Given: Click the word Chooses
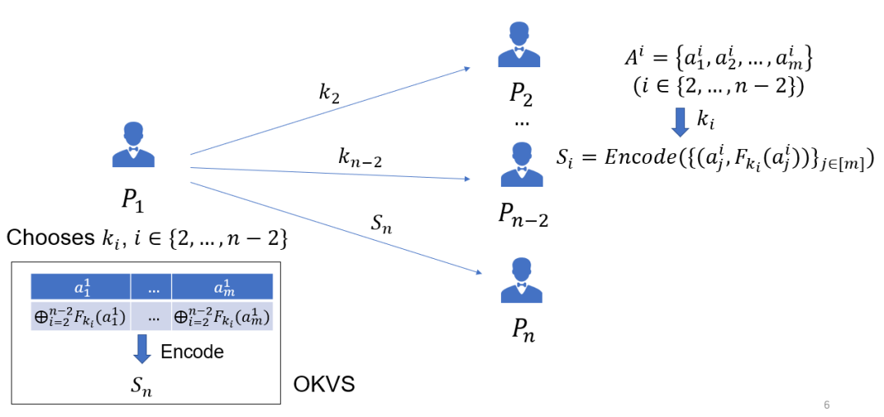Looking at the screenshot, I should (x=48, y=238).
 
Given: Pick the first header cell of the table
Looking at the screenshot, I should (x=80, y=287).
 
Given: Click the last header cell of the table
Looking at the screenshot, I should (x=222, y=287).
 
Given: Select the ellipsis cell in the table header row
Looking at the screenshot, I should (x=151, y=287).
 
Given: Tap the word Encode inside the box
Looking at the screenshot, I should (x=192, y=351).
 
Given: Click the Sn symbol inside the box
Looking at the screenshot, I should (x=142, y=385).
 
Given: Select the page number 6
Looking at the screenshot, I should (x=826, y=404).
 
